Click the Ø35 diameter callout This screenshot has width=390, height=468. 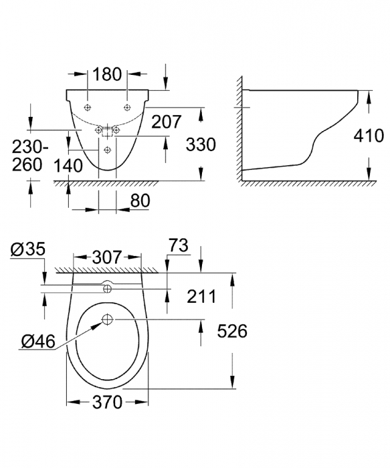tap(27, 250)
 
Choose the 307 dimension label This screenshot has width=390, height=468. tap(106, 257)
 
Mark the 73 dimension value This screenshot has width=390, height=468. tap(179, 246)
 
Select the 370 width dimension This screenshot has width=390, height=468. tap(107, 402)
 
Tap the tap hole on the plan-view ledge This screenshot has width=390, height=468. tap(106, 289)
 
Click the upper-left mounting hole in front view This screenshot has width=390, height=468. tap(89, 107)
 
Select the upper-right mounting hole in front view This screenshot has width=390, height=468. tap(126, 107)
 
